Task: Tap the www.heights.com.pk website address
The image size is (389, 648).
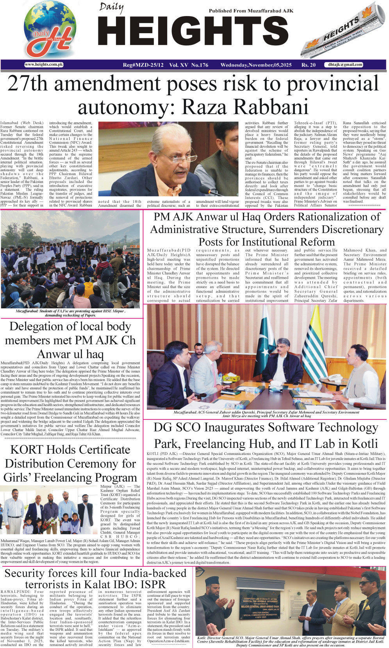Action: pos(44,64)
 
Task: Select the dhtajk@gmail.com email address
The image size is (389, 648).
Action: pos(345,64)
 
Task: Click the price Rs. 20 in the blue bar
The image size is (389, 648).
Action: pos(308,65)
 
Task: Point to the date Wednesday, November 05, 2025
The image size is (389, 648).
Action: pos(256,65)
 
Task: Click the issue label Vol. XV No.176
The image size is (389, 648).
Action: pos(189,65)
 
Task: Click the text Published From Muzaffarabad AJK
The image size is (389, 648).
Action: pos(251,11)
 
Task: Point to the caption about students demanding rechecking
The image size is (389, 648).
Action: pos(70,313)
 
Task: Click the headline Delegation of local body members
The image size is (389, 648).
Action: pos(70,340)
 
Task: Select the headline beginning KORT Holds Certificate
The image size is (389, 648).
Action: pos(70,464)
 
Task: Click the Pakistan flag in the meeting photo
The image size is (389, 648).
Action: pos(261,333)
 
